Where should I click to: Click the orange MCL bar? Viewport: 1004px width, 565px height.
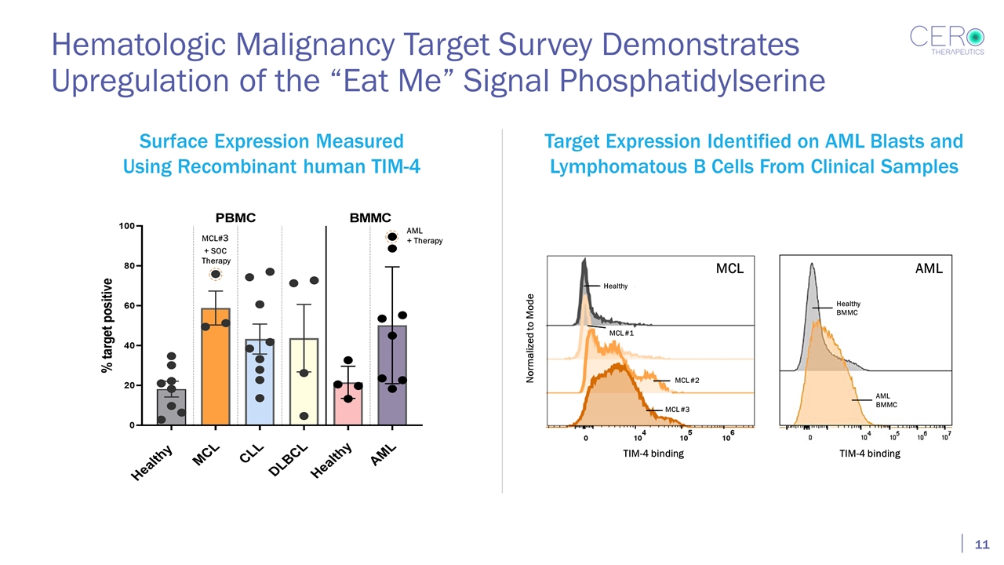coord(215,369)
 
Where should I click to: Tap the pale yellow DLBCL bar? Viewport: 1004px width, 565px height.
coord(304,385)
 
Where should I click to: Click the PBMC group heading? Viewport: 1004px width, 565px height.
coord(235,217)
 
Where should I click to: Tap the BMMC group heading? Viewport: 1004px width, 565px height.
coord(369,217)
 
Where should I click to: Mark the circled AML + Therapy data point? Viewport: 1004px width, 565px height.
coord(391,237)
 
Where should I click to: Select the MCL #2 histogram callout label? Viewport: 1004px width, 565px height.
coord(686,381)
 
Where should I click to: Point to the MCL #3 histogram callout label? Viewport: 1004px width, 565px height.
coord(677,410)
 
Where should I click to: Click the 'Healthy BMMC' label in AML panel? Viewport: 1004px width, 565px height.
coord(848,308)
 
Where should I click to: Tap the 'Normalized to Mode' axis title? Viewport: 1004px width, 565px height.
coord(530,338)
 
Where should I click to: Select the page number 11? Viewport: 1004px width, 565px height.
coord(980,545)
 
